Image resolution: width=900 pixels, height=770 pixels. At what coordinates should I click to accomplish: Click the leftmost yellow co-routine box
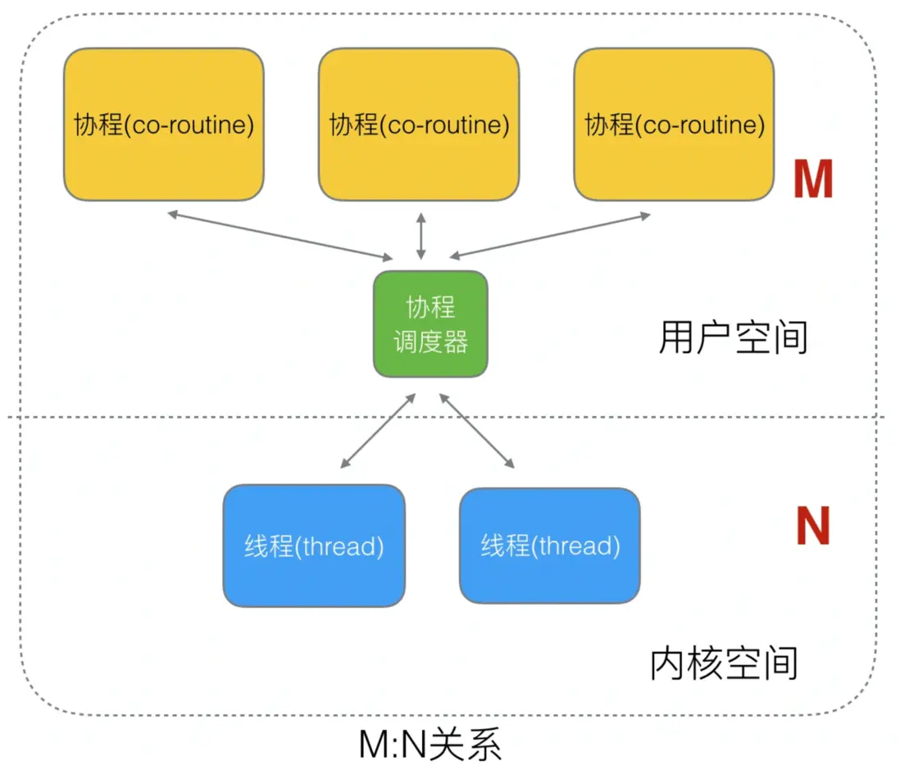pyautogui.click(x=164, y=124)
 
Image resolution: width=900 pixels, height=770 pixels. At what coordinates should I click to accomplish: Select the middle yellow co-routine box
pyautogui.click(x=419, y=124)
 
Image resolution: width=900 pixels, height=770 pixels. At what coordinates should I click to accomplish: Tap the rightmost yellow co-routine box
pyautogui.click(x=674, y=124)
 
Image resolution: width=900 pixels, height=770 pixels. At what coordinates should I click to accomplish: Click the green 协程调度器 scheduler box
pyautogui.click(x=431, y=324)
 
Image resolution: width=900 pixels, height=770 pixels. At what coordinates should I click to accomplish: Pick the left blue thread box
pyautogui.click(x=314, y=546)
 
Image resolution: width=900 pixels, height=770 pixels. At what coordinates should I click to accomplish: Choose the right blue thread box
pyautogui.click(x=549, y=546)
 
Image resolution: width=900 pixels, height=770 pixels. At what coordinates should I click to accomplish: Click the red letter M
pyautogui.click(x=812, y=180)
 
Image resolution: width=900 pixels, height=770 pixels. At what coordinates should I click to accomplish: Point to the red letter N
pyautogui.click(x=812, y=528)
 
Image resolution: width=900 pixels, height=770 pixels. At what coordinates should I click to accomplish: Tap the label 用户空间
pyautogui.click(x=733, y=337)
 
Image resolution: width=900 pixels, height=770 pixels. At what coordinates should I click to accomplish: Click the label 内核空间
pyautogui.click(x=724, y=664)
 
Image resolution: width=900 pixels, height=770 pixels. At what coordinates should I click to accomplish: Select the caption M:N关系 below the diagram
pyautogui.click(x=430, y=745)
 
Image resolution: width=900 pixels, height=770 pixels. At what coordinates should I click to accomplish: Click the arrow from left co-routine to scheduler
pyautogui.click(x=279, y=234)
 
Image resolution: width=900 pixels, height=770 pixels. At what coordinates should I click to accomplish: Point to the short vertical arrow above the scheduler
pyautogui.click(x=421, y=235)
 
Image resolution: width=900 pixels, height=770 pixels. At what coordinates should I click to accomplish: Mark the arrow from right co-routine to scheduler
pyautogui.click(x=550, y=235)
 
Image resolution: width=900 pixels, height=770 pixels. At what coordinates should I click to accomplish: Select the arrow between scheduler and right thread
pyautogui.click(x=478, y=431)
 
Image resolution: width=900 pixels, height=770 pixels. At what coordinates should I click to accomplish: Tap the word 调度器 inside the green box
pyautogui.click(x=431, y=342)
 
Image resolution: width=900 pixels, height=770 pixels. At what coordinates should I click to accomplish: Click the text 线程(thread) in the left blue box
pyautogui.click(x=314, y=546)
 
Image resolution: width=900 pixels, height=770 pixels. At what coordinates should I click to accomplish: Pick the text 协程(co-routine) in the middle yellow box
pyautogui.click(x=419, y=125)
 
